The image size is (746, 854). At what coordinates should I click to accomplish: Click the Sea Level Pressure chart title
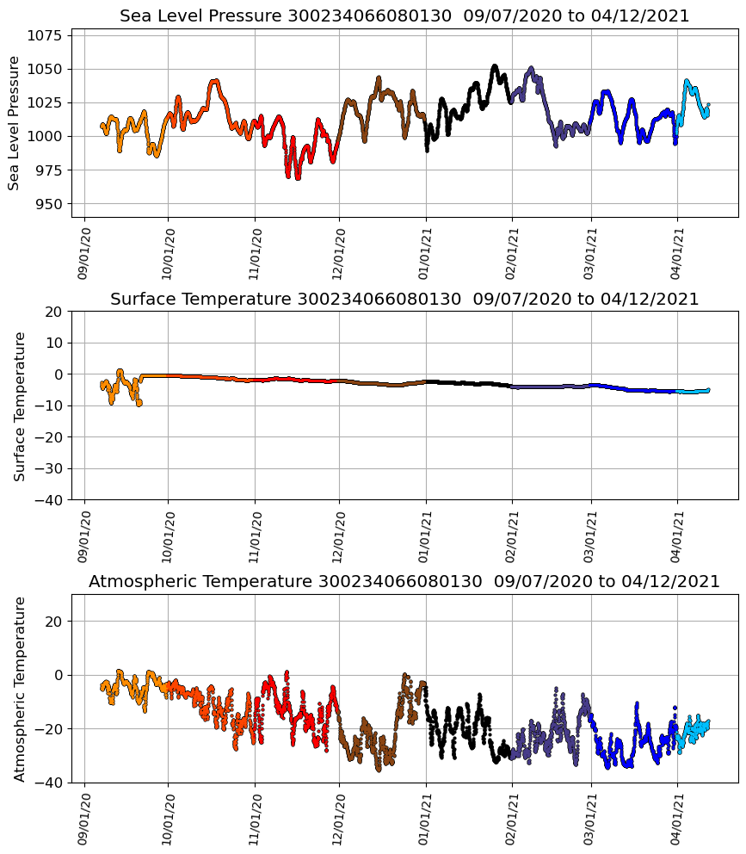pyautogui.click(x=404, y=16)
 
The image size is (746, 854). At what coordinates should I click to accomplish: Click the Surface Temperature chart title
pyautogui.click(x=404, y=299)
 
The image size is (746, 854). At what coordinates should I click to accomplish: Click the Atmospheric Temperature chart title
pyautogui.click(x=404, y=582)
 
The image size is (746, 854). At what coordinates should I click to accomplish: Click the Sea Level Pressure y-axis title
pyautogui.click(x=14, y=122)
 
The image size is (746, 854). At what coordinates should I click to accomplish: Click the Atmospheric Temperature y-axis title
pyautogui.click(x=19, y=688)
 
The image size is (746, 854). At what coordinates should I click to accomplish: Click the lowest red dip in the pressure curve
pyautogui.click(x=298, y=177)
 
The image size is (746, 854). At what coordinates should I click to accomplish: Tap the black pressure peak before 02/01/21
pyautogui.click(x=495, y=66)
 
